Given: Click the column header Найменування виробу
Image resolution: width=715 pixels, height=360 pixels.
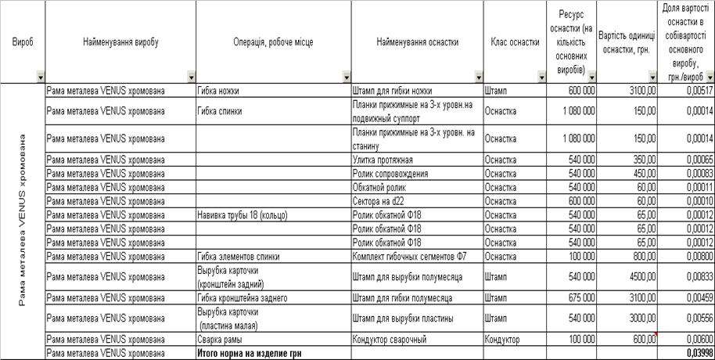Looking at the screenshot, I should (x=120, y=41).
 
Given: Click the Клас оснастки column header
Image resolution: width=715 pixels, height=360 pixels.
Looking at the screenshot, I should (x=515, y=41).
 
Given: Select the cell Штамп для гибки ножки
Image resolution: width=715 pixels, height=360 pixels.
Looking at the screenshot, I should (x=393, y=91).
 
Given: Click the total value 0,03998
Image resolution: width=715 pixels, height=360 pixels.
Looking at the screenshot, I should (x=699, y=354).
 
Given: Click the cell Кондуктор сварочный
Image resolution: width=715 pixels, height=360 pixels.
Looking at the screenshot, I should (x=390, y=340).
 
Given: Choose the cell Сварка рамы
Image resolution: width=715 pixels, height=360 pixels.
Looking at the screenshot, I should (x=220, y=340).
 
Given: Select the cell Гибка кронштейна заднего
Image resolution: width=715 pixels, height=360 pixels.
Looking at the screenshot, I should (x=243, y=298).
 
